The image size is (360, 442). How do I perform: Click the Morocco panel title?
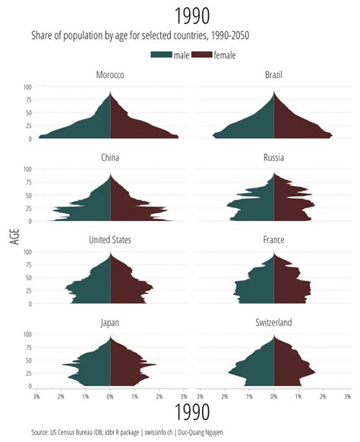(110, 75)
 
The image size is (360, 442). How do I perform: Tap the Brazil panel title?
(273, 75)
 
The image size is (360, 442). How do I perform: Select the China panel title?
(110, 158)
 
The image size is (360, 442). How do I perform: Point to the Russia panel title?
(273, 158)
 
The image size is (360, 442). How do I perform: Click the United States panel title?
(110, 240)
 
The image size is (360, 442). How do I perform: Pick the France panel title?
(273, 240)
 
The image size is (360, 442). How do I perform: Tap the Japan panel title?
(110, 323)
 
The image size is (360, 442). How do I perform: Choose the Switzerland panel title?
(273, 323)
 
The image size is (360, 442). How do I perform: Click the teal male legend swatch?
(161, 55)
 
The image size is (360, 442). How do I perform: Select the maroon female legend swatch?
(202, 55)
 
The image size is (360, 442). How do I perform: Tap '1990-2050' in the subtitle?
(226, 36)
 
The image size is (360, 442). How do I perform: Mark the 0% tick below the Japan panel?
(110, 396)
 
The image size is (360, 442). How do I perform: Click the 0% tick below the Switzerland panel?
(273, 396)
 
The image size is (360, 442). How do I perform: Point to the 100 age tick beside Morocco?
(27, 87)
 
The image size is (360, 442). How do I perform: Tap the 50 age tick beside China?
(28, 195)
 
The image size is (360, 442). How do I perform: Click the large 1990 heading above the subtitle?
(191, 15)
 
